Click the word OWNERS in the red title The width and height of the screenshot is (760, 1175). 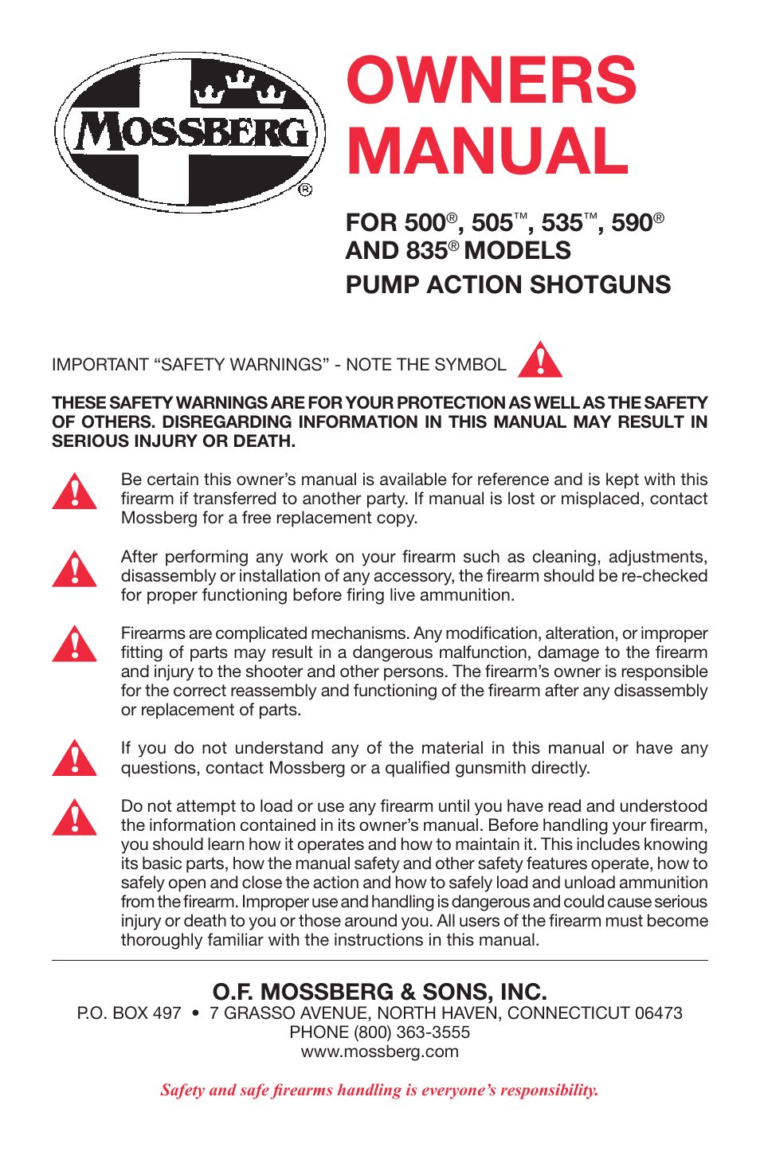point(491,80)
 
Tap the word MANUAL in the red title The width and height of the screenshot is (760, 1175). point(487,151)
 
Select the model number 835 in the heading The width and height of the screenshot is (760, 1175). point(425,251)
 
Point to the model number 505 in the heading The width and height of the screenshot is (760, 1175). point(492,223)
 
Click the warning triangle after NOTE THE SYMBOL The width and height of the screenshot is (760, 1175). point(540,361)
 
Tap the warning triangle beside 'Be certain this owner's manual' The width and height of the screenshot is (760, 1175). point(74,492)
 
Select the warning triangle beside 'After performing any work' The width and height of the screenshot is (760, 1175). point(74,569)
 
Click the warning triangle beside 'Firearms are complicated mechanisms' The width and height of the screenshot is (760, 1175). point(74,644)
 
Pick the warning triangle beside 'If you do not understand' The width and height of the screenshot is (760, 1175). point(74,758)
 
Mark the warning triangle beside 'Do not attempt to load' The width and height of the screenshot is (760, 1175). point(74,817)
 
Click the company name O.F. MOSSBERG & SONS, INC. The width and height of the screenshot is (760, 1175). point(379,992)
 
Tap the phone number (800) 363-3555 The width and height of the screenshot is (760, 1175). point(412,1032)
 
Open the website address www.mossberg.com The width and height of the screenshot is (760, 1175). point(379,1052)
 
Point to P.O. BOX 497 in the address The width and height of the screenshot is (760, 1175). point(129,1013)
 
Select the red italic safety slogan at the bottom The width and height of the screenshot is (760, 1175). point(379,1090)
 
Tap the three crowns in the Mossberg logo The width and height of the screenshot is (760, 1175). point(239,88)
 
